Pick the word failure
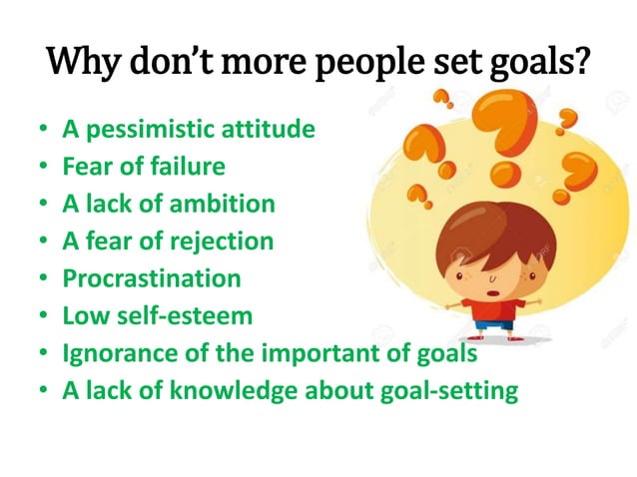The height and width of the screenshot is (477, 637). pyautogui.click(x=190, y=167)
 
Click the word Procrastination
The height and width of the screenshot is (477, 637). pyautogui.click(x=151, y=278)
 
